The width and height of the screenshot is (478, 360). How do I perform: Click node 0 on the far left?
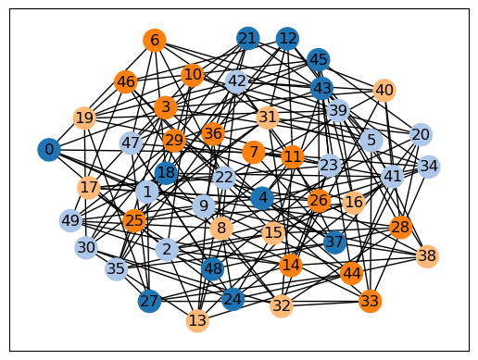point(49,150)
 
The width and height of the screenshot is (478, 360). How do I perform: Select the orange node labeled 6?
point(155,40)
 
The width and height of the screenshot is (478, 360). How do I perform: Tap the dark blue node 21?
point(248,39)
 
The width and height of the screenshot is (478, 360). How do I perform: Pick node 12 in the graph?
point(287,39)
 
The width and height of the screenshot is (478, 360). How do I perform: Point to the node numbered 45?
point(319,59)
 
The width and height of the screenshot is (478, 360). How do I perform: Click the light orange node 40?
point(384,90)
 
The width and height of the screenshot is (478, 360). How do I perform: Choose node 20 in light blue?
point(421,134)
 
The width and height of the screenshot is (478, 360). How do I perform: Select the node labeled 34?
point(429,167)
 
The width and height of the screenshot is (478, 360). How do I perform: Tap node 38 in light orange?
point(427,256)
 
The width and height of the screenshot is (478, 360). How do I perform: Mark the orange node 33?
point(371,301)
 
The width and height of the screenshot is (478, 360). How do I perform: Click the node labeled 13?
point(197,321)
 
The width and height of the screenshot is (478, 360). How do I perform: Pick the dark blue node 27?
point(149,301)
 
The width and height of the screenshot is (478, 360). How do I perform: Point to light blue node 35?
point(117,269)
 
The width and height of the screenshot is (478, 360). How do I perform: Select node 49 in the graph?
point(70,220)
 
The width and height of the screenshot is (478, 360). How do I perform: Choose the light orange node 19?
point(84,118)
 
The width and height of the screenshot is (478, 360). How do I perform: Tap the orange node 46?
point(126,82)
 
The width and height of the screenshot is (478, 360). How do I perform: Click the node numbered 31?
point(268,118)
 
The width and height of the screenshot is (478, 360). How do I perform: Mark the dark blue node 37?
point(335,242)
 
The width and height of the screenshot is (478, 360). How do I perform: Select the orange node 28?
point(401,228)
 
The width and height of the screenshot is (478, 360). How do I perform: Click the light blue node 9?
point(204,205)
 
